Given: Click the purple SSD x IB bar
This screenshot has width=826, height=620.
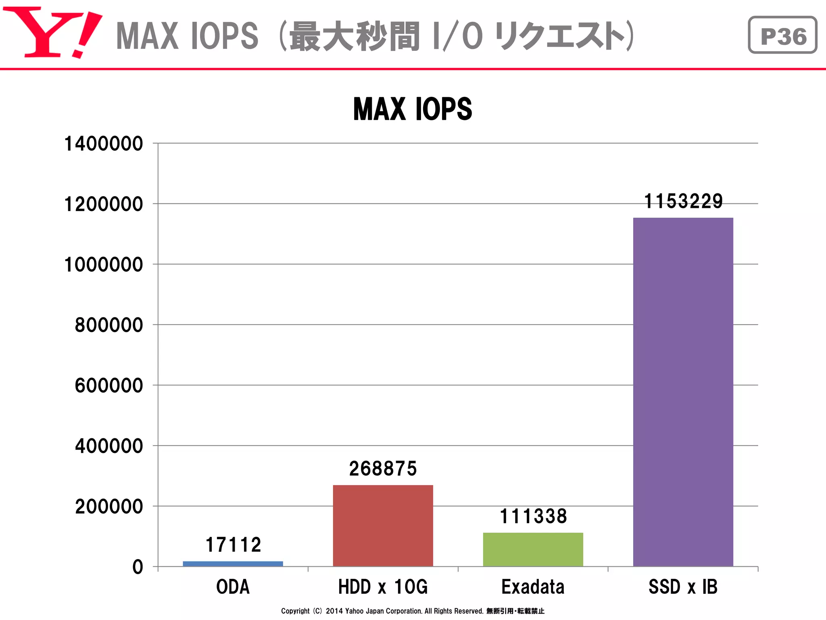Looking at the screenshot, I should tap(683, 392).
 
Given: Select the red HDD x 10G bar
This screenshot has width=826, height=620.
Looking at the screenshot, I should tap(383, 526).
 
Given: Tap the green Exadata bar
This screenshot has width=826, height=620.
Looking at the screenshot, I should tap(533, 549).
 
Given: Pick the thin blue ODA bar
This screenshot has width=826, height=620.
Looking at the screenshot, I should tap(233, 563).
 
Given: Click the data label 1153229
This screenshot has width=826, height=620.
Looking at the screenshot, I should tap(683, 201).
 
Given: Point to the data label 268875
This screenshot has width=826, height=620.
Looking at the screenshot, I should tap(383, 469).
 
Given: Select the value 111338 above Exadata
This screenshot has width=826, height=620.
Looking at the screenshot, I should tap(533, 516).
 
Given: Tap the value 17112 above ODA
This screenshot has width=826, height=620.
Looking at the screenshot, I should tap(233, 545).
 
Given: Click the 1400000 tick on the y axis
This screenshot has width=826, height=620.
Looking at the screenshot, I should tap(104, 144).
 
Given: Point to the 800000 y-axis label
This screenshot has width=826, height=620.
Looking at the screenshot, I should tap(109, 325).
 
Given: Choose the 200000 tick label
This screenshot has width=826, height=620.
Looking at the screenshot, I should tap(109, 506).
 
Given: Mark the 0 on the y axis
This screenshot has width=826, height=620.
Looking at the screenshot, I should tap(138, 567).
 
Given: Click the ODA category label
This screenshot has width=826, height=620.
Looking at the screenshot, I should tap(233, 587).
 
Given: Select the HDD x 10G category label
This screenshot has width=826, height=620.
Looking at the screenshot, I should tap(383, 587).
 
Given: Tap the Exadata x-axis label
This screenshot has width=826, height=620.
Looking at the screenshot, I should tap(533, 587).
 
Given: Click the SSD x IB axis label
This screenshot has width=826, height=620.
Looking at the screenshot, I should tap(683, 587).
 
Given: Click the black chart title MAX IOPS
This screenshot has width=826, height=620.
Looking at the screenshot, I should tap(412, 109).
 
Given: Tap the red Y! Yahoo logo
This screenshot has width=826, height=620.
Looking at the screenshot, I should tap(52, 32).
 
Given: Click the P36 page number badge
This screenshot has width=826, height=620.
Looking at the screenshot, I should tap(782, 35).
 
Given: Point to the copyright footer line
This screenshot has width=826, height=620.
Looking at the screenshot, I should tap(412, 611).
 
